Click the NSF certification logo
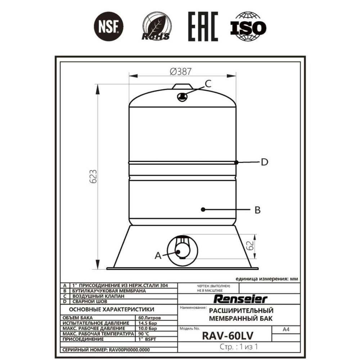[x=109, y=26]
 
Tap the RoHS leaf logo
[x=156, y=26]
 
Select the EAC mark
[x=203, y=27]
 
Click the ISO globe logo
[x=248, y=26]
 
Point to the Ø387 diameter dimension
[x=180, y=71]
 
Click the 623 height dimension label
[x=93, y=176]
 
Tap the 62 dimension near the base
[x=249, y=246]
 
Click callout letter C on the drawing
[x=208, y=84]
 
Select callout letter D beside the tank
[x=265, y=162]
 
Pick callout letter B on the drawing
[x=258, y=210]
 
